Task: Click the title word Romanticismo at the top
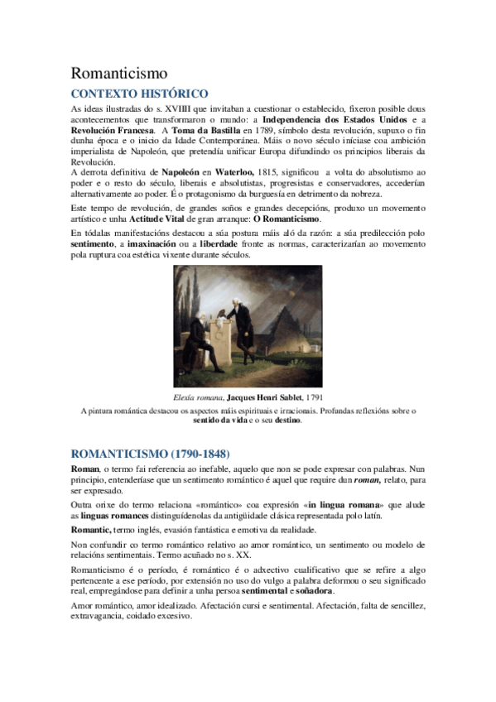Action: point(119,74)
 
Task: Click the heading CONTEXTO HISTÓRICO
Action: point(138,94)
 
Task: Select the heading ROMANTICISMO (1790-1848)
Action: point(150,454)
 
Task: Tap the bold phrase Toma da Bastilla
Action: point(205,131)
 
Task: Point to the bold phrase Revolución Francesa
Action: point(111,131)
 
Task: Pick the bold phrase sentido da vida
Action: point(225,420)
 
